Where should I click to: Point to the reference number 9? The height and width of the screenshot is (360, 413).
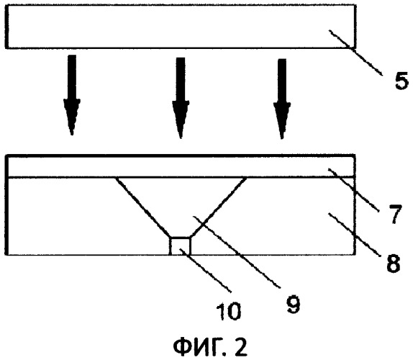click(x=293, y=304)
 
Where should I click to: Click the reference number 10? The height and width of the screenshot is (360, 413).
click(x=229, y=311)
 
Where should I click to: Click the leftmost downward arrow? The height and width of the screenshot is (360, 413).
click(x=72, y=95)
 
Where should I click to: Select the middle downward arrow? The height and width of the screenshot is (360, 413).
click(x=181, y=98)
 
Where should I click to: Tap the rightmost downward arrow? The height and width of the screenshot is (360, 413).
click(x=282, y=99)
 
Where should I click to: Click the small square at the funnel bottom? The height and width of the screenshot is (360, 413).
click(x=181, y=246)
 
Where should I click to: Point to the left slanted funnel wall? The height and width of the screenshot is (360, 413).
click(x=142, y=207)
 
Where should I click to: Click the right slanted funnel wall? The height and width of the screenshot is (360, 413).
click(x=219, y=207)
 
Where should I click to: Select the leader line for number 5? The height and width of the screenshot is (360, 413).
click(x=355, y=53)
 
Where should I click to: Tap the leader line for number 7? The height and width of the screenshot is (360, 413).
click(x=354, y=190)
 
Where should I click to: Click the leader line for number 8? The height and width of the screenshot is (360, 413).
click(x=354, y=235)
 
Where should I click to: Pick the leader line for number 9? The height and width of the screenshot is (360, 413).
click(x=236, y=252)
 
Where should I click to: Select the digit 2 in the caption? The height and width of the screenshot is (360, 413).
click(x=240, y=346)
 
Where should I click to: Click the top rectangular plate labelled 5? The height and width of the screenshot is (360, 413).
click(x=181, y=27)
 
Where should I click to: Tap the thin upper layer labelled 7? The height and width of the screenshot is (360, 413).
click(x=181, y=166)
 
